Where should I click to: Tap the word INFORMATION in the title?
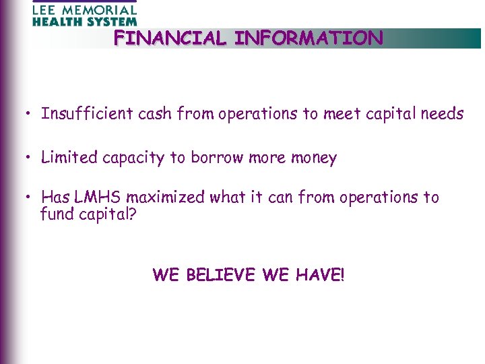click(x=309, y=38)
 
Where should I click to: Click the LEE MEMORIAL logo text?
click(x=84, y=10)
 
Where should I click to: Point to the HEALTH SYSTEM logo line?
click(x=84, y=22)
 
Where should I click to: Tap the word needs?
click(x=442, y=114)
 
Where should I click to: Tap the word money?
click(x=313, y=158)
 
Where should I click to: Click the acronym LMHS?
click(x=98, y=198)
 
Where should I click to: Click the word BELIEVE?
click(x=212, y=275)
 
